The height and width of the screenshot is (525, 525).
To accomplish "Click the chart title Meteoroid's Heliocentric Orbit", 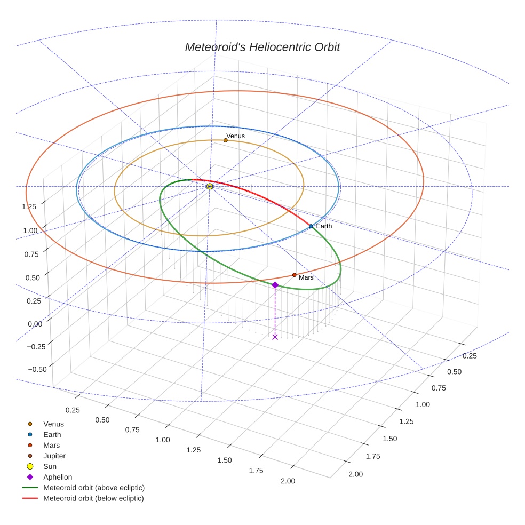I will [262, 47].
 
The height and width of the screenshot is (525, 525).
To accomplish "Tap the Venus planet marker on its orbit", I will [226, 140].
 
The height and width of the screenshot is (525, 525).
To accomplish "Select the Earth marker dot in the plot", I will [311, 226].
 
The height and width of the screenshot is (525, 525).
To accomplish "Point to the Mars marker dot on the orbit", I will [294, 275].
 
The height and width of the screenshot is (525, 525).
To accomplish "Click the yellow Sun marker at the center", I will [210, 186].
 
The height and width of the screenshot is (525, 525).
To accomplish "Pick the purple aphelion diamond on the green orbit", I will [275, 285].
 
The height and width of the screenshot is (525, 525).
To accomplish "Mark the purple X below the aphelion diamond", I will [275, 337].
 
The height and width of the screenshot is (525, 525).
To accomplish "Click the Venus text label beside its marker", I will [236, 136].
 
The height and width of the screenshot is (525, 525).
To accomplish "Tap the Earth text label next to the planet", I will [324, 226].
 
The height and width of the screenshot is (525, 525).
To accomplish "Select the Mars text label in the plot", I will [306, 278].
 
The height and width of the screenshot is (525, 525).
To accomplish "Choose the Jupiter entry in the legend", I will [54, 456].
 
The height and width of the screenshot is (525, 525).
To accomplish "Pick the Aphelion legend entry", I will [58, 478].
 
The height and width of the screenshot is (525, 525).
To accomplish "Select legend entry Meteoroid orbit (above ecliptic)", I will [94, 488].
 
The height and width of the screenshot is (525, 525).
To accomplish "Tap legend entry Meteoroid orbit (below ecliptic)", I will [94, 499].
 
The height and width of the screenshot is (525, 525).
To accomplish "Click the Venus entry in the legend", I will [53, 424].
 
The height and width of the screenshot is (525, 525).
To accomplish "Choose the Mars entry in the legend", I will [51, 446].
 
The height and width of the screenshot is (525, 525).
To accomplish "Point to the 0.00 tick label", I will [34, 324].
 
